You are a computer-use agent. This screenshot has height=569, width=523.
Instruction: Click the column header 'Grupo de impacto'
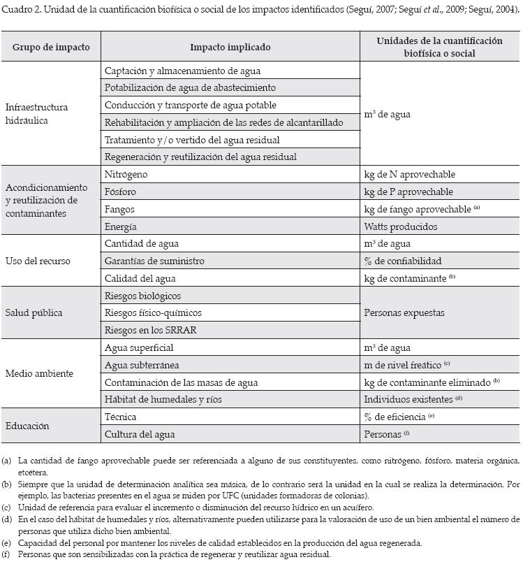[51, 47]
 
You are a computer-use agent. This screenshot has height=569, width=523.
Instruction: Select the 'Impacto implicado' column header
[230, 47]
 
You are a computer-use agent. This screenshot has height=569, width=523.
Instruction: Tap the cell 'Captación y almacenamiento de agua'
[182, 71]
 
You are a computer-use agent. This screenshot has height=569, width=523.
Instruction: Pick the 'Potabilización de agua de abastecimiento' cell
[190, 88]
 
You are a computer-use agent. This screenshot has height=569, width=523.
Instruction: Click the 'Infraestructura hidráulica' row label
[36, 114]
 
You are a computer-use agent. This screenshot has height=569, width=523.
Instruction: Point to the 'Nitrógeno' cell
[126, 174]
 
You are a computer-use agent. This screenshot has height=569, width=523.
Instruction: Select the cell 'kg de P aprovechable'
[408, 192]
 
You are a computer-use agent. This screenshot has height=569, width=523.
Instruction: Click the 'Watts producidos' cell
[401, 226]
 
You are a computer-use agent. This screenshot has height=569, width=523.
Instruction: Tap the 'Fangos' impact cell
[119, 209]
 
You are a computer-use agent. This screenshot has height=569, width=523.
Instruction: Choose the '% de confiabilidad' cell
[403, 261]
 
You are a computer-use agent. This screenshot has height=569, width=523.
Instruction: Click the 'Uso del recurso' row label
[38, 261]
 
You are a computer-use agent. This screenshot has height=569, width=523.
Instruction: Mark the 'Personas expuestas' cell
[404, 312]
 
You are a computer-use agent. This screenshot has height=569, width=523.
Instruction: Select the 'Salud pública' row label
[33, 312]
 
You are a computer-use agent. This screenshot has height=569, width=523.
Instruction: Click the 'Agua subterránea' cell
[142, 365]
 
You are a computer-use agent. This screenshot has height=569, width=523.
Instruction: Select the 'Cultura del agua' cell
[140, 434]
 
